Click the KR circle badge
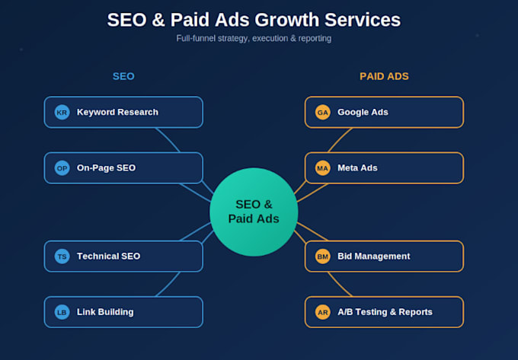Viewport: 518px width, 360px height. (62, 112)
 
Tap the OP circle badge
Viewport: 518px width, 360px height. (62, 168)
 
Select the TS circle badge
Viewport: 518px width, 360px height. (62, 256)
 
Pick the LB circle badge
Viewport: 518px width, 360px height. (62, 312)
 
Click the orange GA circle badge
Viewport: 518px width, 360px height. (322, 112)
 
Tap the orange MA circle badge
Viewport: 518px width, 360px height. (322, 168)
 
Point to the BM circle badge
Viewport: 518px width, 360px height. (322, 256)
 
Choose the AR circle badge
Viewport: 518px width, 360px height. (322, 312)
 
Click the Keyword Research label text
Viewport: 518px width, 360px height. (117, 112)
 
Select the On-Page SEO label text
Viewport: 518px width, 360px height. (106, 168)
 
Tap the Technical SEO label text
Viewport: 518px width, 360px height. (108, 256)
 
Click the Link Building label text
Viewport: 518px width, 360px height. (105, 312)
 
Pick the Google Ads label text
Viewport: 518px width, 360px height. (363, 112)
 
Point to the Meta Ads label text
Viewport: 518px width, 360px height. (357, 168)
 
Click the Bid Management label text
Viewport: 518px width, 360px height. (373, 256)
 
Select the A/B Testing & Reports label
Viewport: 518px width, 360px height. (385, 312)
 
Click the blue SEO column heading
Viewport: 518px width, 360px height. (123, 77)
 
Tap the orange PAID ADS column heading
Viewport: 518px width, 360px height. (384, 77)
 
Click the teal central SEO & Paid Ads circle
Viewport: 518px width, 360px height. (254, 212)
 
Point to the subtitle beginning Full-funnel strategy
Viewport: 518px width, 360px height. (254, 39)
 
